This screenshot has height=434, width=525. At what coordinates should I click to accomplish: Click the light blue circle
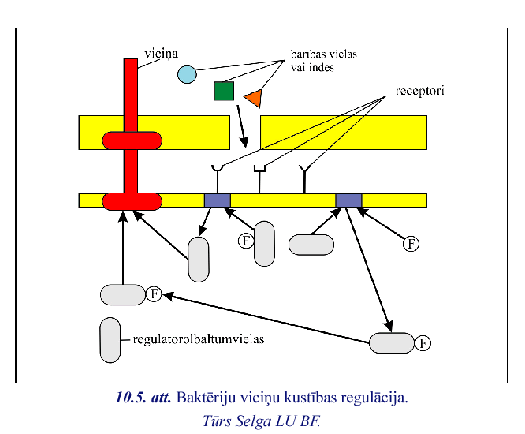coord(187,75)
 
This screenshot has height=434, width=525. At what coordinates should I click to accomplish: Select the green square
coord(224,92)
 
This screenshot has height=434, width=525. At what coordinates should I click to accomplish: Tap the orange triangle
coord(253,98)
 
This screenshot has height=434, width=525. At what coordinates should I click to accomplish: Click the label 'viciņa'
coord(160,52)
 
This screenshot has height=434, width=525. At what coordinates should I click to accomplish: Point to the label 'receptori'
coord(415,91)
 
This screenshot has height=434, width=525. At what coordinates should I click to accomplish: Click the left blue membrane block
coord(217,200)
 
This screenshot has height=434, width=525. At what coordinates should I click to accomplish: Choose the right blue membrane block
coord(348,200)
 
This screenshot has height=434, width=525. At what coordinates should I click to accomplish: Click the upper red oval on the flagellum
coord(132,140)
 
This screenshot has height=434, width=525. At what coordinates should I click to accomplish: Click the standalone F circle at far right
coord(411,243)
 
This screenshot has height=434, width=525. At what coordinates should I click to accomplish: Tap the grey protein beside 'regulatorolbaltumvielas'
coord(110,339)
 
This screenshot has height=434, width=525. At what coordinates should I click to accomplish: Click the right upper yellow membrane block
coord(344,133)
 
